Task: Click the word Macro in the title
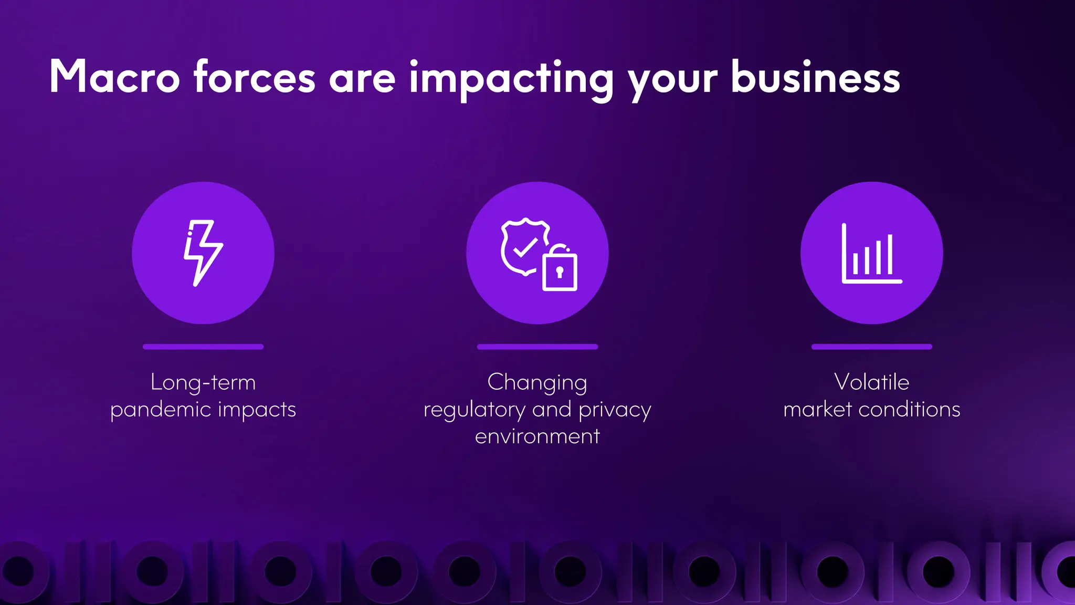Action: pyautogui.click(x=115, y=77)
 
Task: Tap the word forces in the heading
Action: pyautogui.click(x=255, y=77)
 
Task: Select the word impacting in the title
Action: pyautogui.click(x=511, y=79)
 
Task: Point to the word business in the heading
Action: pyautogui.click(x=816, y=77)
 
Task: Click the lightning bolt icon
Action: pyautogui.click(x=203, y=253)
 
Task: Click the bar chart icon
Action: pyautogui.click(x=871, y=254)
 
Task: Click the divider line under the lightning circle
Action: pyautogui.click(x=203, y=347)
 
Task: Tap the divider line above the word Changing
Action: pyautogui.click(x=537, y=347)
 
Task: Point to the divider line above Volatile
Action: pyautogui.click(x=871, y=347)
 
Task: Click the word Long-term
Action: pyautogui.click(x=203, y=382)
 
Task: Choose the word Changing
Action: pyautogui.click(x=537, y=383)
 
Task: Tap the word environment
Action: pyautogui.click(x=537, y=436)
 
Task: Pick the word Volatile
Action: pyautogui.click(x=871, y=382)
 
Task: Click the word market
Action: pyautogui.click(x=817, y=409)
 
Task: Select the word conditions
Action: pyautogui.click(x=909, y=409)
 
